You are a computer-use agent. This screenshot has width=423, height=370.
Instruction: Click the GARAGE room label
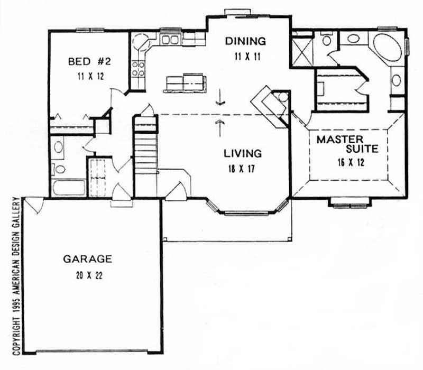(87, 259)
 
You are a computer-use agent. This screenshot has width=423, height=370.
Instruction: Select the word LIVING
(243, 154)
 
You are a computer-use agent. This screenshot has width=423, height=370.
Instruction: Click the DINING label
(245, 41)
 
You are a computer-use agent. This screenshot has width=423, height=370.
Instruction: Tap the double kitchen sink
(170, 39)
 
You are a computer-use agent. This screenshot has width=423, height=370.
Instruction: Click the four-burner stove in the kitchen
(139, 68)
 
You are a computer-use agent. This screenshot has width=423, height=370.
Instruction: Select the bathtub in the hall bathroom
(69, 188)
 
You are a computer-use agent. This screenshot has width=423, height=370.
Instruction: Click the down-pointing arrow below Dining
(220, 99)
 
